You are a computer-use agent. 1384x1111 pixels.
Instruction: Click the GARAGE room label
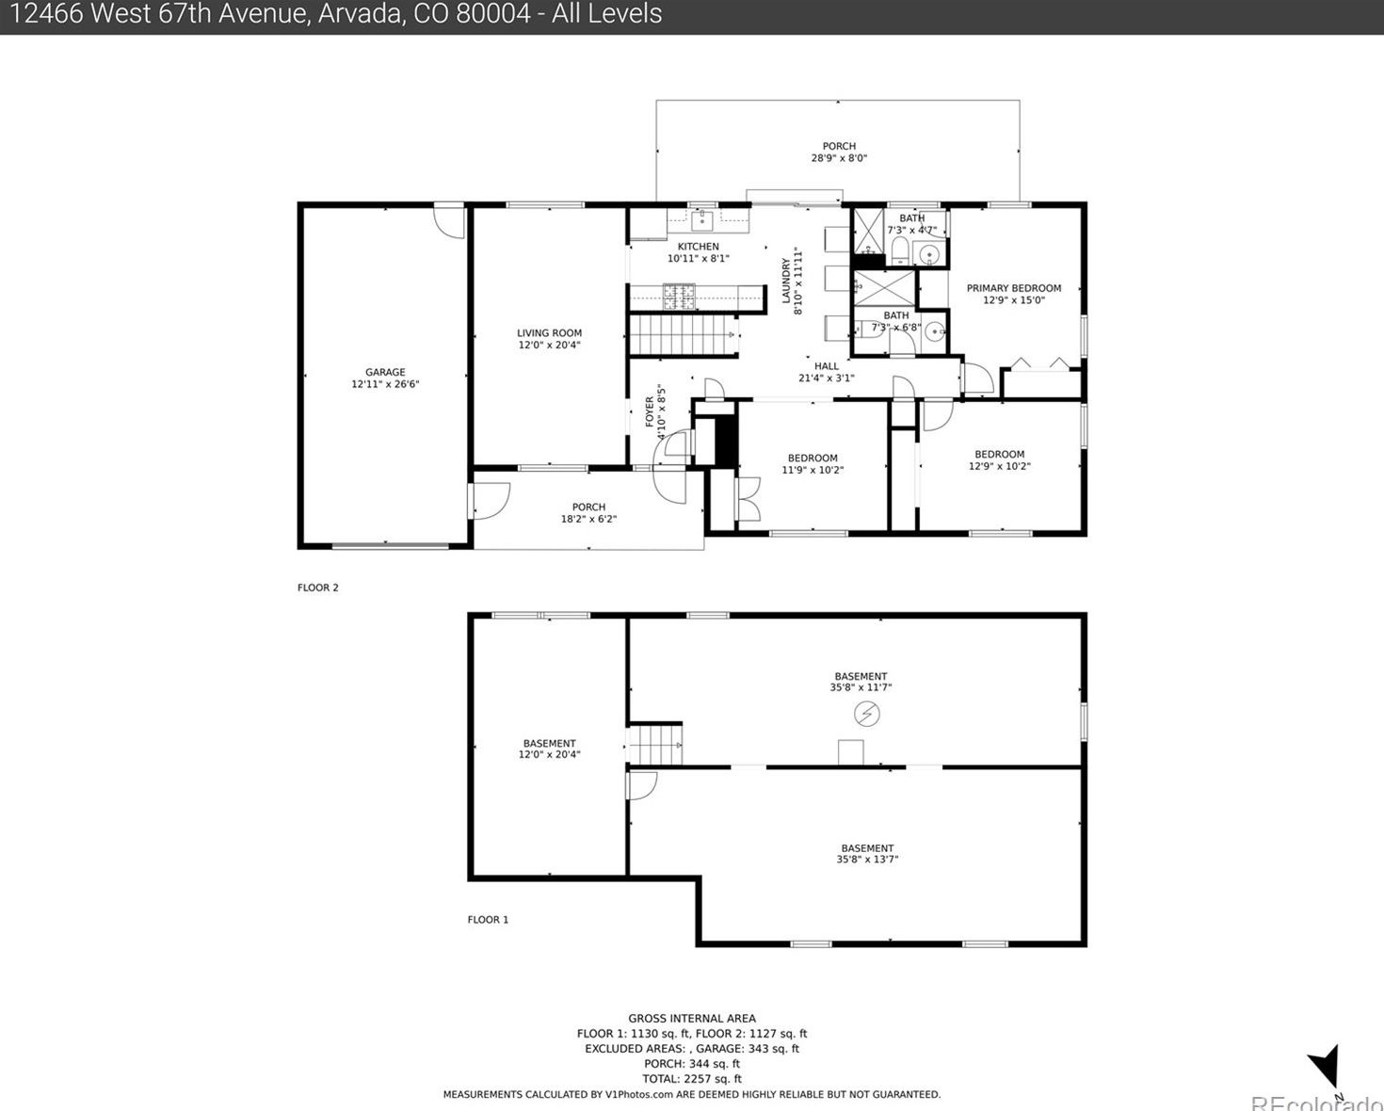tap(385, 372)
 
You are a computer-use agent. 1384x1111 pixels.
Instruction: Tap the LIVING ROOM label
tap(549, 332)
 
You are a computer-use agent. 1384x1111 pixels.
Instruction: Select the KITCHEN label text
tap(698, 247)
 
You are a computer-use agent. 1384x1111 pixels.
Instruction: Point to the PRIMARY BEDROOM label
tap(1014, 288)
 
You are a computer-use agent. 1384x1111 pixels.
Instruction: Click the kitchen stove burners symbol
tap(679, 296)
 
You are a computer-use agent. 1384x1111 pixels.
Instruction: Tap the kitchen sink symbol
tap(702, 219)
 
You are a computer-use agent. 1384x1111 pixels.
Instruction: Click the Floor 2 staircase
tap(683, 334)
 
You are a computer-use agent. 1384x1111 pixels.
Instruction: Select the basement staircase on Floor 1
tap(654, 745)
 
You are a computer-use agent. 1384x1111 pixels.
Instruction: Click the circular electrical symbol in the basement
tap(866, 714)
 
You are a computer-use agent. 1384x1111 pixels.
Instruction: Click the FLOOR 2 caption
tap(317, 588)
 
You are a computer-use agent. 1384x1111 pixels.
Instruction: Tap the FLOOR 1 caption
tap(488, 919)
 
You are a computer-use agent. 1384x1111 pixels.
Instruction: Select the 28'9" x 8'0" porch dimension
tap(839, 157)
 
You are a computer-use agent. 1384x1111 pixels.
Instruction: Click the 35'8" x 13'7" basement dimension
tap(867, 859)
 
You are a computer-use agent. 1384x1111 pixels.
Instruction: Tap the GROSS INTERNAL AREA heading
tap(692, 1018)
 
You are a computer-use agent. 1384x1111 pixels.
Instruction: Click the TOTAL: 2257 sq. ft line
tap(692, 1079)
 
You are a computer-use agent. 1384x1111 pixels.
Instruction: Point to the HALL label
tap(826, 366)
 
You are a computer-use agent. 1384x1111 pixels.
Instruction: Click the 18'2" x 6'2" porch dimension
tap(588, 519)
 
